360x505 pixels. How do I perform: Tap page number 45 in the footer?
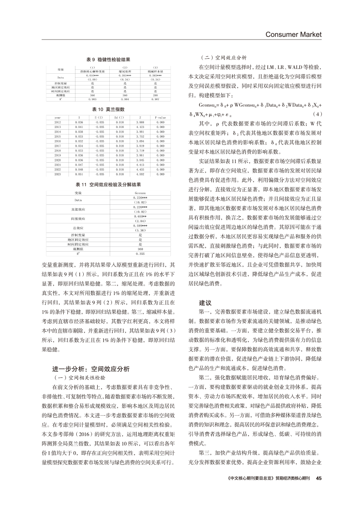pos(318,479)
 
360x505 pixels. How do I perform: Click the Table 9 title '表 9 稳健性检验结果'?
pos(107,59)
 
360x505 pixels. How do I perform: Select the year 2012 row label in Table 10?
pos(58,122)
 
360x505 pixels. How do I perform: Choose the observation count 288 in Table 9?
pos(155,95)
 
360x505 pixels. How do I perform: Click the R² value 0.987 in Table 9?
pos(155,99)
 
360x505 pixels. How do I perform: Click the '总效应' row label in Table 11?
pos(78,227)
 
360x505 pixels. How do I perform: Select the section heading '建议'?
pos(206,302)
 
